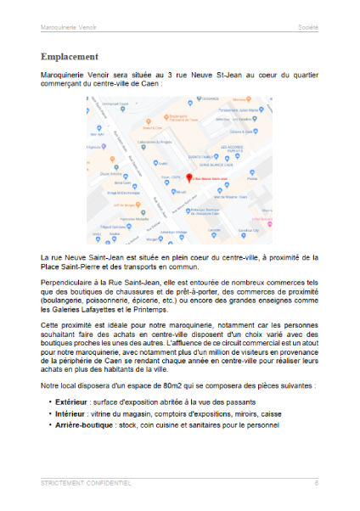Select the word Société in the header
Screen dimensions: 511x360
point(308,27)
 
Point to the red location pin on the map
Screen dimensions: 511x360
point(187,177)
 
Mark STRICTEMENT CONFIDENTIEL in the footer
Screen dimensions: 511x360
point(86,482)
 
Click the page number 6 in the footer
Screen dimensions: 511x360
point(316,482)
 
